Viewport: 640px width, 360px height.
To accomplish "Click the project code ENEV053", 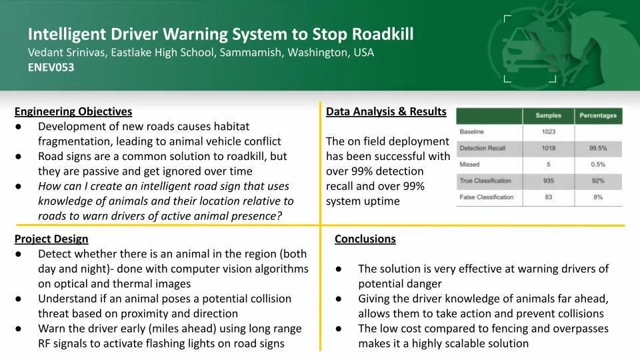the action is point(51,67).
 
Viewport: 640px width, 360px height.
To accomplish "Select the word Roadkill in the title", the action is point(383,34).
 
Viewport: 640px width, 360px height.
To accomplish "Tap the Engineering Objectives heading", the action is point(73,111).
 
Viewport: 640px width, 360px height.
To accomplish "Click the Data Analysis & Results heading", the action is point(386,111).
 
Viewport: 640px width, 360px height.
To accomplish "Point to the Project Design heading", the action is point(51,239).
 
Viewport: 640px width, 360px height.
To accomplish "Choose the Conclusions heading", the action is point(365,239).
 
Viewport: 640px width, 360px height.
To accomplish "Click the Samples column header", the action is point(548,115).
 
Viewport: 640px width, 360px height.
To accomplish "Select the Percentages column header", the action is point(598,115).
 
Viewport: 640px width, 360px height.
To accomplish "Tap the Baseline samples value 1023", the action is point(549,132).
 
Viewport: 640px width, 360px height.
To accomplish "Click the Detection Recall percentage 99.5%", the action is point(598,148).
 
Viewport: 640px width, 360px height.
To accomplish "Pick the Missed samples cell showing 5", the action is point(549,165).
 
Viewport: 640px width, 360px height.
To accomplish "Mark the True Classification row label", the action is point(485,181).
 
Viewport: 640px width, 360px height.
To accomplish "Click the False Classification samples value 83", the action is point(549,197).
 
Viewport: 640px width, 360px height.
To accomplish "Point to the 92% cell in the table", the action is point(598,181).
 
